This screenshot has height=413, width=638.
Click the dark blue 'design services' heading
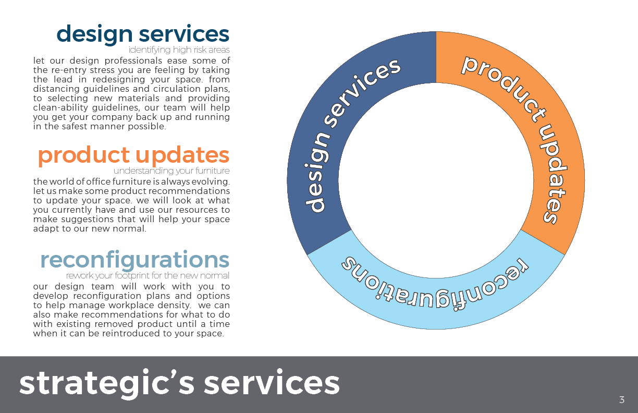[143, 34]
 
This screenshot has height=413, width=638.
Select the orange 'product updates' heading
[133, 155]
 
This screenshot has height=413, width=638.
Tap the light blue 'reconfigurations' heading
[134, 260]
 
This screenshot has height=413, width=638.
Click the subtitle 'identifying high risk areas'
[179, 50]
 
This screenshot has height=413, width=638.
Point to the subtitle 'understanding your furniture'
[171, 171]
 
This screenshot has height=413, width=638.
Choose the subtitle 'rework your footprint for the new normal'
[148, 276]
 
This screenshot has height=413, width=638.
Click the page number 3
[622, 399]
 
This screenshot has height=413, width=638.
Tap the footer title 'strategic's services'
[179, 383]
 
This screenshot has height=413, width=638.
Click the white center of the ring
[436, 180]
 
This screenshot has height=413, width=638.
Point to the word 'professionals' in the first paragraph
[133, 61]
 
